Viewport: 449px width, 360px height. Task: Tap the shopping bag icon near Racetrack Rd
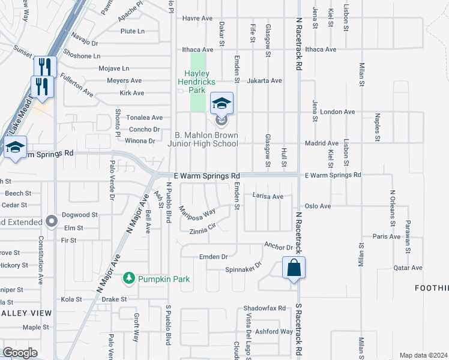click(x=294, y=268)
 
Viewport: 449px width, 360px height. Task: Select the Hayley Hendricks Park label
click(x=198, y=82)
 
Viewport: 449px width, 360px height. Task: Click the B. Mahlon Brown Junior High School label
click(x=205, y=139)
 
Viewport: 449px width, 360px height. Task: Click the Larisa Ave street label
click(x=268, y=196)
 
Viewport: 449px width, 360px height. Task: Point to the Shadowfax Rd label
click(x=265, y=308)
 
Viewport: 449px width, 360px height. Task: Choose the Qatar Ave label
click(x=408, y=268)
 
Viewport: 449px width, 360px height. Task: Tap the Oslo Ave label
click(x=318, y=206)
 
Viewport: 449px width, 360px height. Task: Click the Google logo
click(x=20, y=353)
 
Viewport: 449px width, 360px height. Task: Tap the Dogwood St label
click(x=79, y=215)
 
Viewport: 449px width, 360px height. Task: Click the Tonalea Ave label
click(x=145, y=118)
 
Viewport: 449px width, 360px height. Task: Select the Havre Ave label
click(x=197, y=19)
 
